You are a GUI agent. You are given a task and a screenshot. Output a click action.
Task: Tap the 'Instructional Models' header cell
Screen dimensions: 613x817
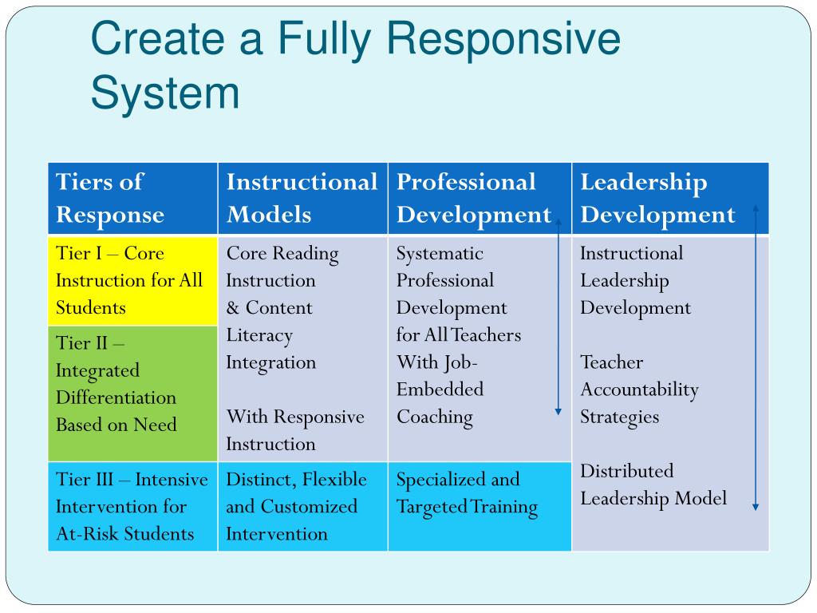pos(302,198)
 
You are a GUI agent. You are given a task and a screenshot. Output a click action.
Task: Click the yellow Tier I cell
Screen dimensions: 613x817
pos(132,280)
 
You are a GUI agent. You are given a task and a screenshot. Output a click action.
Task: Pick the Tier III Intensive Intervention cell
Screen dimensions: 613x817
pos(132,506)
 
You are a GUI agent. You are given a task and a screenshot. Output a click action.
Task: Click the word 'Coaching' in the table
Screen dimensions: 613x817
pos(435,417)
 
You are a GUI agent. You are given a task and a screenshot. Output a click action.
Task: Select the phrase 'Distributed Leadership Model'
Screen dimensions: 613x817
pos(653,484)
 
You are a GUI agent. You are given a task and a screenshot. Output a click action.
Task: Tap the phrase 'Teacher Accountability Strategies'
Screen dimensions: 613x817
pos(639,390)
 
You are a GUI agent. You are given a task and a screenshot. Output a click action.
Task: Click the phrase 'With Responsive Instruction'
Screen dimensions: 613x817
pos(295,430)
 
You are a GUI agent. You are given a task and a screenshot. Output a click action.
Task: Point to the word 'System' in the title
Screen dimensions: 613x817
pos(165,93)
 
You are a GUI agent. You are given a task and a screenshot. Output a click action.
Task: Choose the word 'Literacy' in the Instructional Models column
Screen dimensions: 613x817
pos(259,335)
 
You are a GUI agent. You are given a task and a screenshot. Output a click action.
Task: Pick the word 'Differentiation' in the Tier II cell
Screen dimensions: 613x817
pos(116,397)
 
